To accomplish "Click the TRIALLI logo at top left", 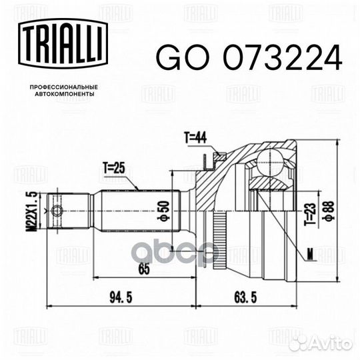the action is pos(63,43).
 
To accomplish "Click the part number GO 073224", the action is pos(249,57).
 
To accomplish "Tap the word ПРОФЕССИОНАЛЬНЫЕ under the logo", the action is pos(64,87).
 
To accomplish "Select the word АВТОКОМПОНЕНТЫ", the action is pos(65,94).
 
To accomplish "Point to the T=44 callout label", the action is pos(195,138).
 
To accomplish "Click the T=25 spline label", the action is pos(114,169).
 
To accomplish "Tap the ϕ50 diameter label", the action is pos(163,211).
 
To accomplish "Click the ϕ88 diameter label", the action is pos(329,211).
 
